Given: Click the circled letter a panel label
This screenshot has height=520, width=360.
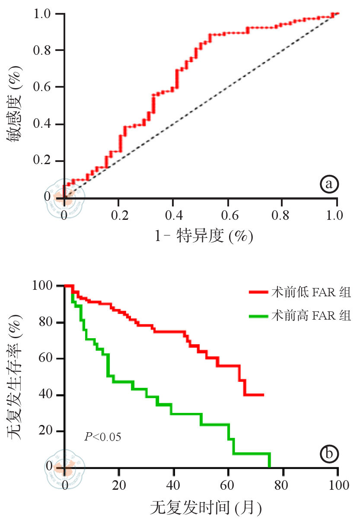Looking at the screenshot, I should point(329,184).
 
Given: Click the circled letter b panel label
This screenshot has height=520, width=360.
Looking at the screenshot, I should point(329,453).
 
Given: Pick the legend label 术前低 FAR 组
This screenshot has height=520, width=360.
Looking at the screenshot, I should point(310,292).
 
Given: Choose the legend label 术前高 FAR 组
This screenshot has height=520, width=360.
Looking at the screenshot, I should point(310,315).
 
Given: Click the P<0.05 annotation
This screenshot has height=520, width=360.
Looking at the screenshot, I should point(102,437).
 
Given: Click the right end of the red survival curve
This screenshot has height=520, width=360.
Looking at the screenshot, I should point(263,395).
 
